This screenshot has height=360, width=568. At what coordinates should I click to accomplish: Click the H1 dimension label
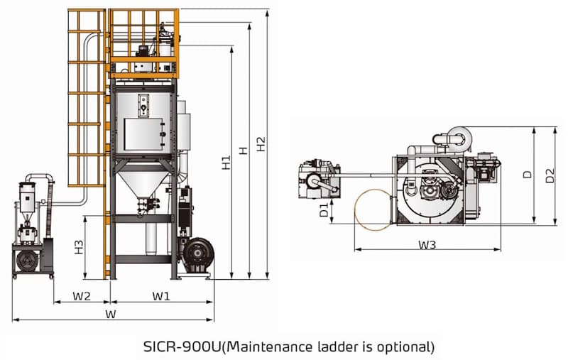coord(226,162)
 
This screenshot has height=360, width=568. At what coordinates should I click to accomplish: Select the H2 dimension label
coord(261,143)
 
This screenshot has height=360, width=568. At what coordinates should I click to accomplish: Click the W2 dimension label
coord(82,295)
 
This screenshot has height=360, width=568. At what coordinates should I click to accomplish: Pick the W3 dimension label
coord(427,245)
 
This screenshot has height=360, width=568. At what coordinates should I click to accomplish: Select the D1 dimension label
coord(323,210)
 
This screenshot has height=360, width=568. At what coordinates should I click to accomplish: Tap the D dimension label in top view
coord(527,174)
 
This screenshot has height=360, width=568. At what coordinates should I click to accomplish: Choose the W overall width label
coord(111,314)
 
